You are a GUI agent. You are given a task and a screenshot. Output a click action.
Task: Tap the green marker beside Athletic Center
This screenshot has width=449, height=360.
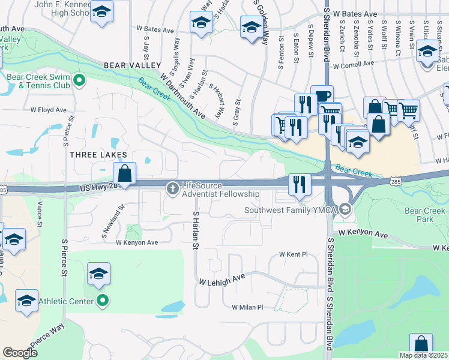click(x=103, y=301)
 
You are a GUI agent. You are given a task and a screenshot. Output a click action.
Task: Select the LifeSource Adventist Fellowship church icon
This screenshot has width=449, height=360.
click(x=173, y=189)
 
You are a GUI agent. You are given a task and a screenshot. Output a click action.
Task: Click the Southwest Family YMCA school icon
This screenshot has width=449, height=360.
click(x=345, y=209)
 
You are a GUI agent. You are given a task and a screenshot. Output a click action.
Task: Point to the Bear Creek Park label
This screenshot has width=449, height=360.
click(x=425, y=215)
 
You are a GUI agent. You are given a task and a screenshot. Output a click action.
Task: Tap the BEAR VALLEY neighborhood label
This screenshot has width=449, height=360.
click(x=132, y=65)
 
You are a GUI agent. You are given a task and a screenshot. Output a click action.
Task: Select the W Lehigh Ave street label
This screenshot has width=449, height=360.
click(x=223, y=280)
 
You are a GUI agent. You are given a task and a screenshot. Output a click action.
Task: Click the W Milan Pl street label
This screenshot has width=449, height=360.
click(x=247, y=307)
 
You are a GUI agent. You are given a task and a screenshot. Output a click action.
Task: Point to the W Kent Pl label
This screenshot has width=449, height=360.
click(x=293, y=254)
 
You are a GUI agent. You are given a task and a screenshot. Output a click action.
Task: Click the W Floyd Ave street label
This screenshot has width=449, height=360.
click(x=49, y=110)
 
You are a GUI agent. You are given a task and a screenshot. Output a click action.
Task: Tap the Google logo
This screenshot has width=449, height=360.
click(x=20, y=353)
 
